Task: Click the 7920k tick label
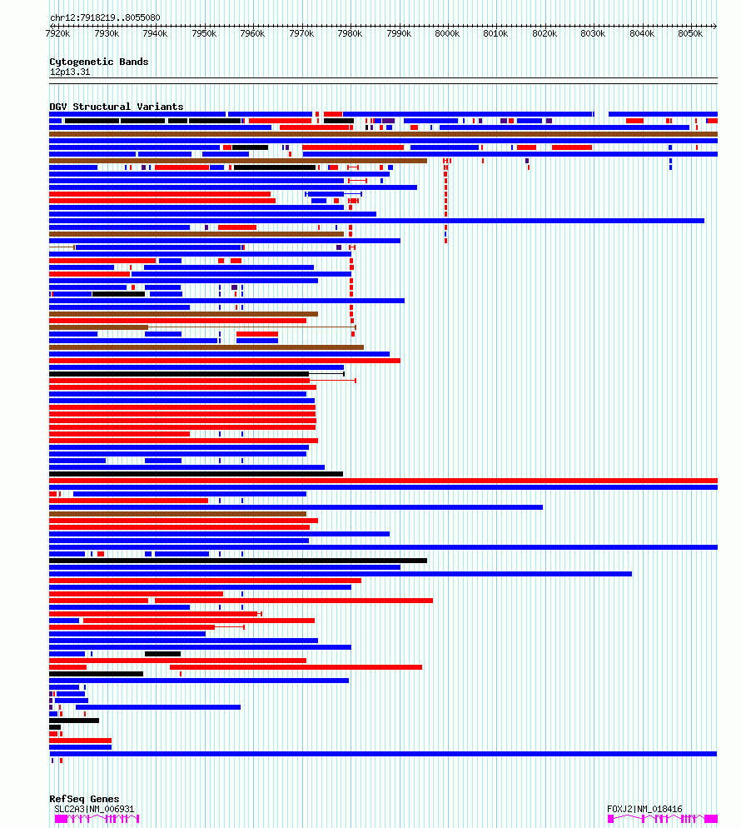(58, 33)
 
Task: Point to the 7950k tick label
(204, 33)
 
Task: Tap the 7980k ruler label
(350, 33)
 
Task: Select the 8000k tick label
(447, 33)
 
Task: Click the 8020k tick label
(545, 33)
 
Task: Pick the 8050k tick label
(690, 33)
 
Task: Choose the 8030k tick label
(593, 33)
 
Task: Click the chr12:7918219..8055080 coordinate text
(105, 17)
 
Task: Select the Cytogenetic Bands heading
(98, 62)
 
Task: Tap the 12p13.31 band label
(70, 72)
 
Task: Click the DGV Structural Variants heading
(116, 107)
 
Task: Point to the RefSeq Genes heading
(84, 799)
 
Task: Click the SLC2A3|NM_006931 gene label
(93, 809)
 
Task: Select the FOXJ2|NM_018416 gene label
(644, 809)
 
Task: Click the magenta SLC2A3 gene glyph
(97, 819)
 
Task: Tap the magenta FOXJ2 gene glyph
(662, 819)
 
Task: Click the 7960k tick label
(252, 33)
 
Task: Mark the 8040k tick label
(642, 33)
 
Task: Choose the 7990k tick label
(399, 33)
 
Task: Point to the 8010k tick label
(495, 33)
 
